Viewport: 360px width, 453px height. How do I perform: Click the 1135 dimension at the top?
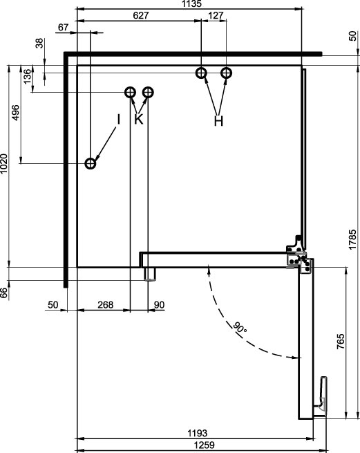(191, 3)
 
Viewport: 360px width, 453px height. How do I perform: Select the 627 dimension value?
(141, 15)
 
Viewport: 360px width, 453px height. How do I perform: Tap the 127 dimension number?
(216, 15)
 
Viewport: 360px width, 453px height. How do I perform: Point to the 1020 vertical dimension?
(4, 164)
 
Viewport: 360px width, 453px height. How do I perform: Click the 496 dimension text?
(16, 113)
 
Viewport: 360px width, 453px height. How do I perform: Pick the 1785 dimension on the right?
(353, 239)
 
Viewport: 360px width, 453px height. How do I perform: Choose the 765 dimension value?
(341, 342)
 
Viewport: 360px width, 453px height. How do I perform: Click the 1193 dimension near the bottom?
(198, 433)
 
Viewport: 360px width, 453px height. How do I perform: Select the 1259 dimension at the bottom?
(204, 445)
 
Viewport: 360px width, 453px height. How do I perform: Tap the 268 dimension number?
(105, 305)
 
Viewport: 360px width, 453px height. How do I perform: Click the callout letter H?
(219, 121)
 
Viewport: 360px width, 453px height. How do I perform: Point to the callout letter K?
(139, 119)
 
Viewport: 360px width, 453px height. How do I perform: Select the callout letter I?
(118, 120)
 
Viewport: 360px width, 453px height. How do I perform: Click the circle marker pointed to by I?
(91, 163)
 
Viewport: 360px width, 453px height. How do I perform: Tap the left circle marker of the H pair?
(201, 73)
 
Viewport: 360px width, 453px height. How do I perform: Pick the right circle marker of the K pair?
(148, 93)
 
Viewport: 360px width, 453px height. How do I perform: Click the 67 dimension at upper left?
(64, 28)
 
